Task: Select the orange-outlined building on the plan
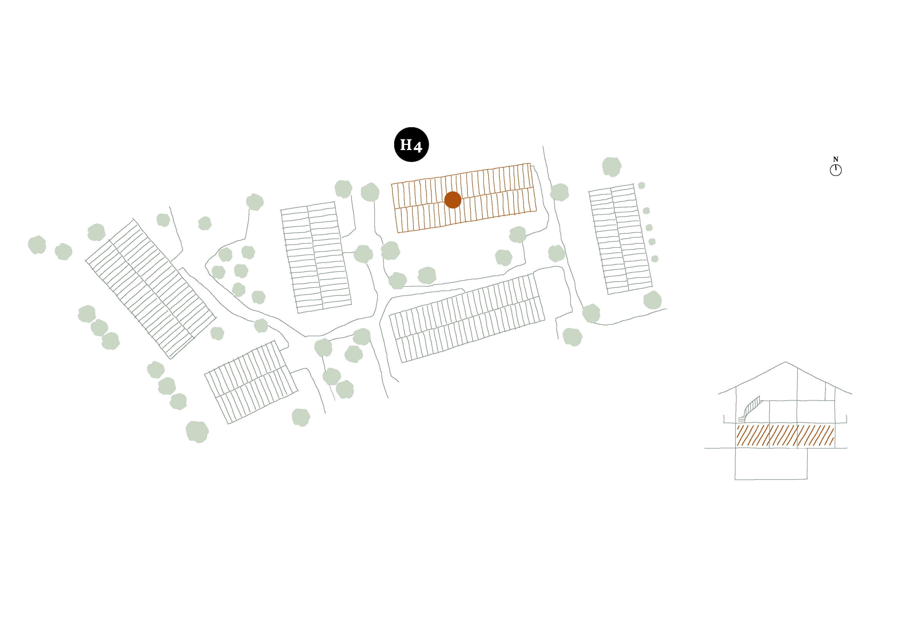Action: pyautogui.click(x=464, y=198)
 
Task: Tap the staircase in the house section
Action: pyautogui.click(x=751, y=409)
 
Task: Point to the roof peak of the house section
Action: pyautogui.click(x=785, y=362)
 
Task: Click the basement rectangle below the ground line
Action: pyautogui.click(x=771, y=464)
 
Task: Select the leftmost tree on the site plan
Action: pyautogui.click(x=37, y=245)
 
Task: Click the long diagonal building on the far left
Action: pyautogui.click(x=151, y=289)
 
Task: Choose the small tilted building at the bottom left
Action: pyautogui.click(x=251, y=382)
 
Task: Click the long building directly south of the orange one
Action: pyautogui.click(x=467, y=318)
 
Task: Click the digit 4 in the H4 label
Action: pyautogui.click(x=418, y=147)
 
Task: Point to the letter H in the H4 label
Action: pyautogui.click(x=406, y=145)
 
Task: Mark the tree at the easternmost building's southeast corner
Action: pyautogui.click(x=652, y=300)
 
